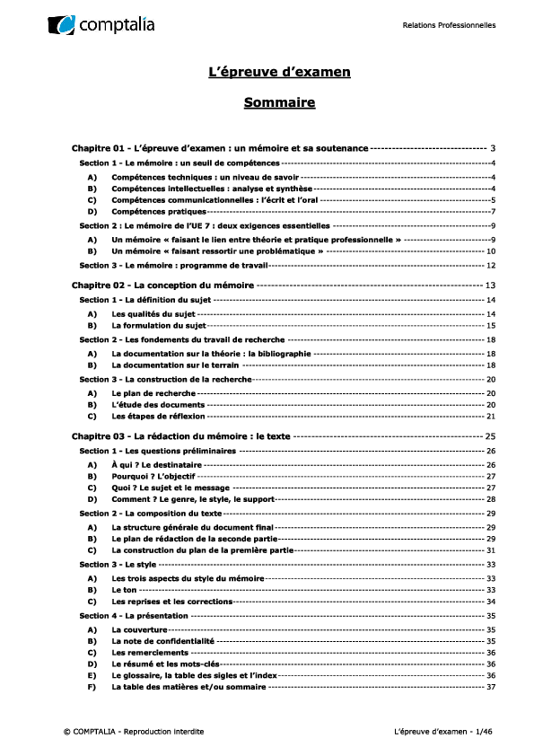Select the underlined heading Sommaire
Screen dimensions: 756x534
pos(279,103)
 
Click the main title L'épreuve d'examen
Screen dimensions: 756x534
pos(279,71)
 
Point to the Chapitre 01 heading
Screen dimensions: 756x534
pos(220,147)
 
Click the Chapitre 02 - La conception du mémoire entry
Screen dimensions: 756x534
pos(163,285)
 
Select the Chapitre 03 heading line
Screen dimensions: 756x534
pos(180,435)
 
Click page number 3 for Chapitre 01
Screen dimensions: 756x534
pos(494,147)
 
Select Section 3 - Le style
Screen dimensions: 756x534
pos(118,564)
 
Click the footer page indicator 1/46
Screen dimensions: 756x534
pos(483,732)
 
